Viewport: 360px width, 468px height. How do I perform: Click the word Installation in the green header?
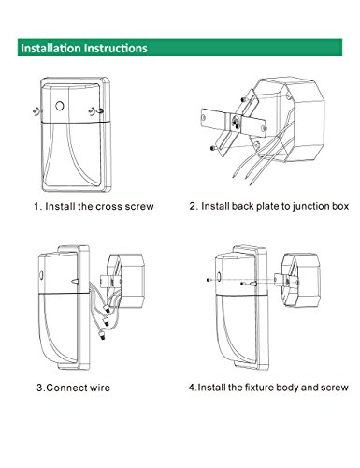pyautogui.click(x=50, y=48)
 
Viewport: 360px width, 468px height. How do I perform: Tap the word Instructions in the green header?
pyautogui.click(x=116, y=48)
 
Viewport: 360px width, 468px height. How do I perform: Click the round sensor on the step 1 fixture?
pyautogui.click(x=60, y=106)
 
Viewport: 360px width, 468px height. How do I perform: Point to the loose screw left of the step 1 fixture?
pyautogui.click(x=36, y=110)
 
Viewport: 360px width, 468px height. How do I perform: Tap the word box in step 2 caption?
pyautogui.click(x=339, y=206)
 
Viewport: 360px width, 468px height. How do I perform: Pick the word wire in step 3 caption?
pyautogui.click(x=100, y=388)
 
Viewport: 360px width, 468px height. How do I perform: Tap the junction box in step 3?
pyautogui.click(x=125, y=280)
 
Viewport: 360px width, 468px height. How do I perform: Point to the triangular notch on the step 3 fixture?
pyautogui.click(x=75, y=281)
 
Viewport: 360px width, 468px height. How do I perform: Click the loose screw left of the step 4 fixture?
pyautogui.click(x=209, y=280)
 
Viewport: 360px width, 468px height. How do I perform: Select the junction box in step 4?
pyautogui.click(x=301, y=280)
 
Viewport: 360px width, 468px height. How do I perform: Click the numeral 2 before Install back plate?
pyautogui.click(x=194, y=206)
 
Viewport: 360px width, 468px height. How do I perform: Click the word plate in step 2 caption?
pyautogui.click(x=268, y=207)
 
